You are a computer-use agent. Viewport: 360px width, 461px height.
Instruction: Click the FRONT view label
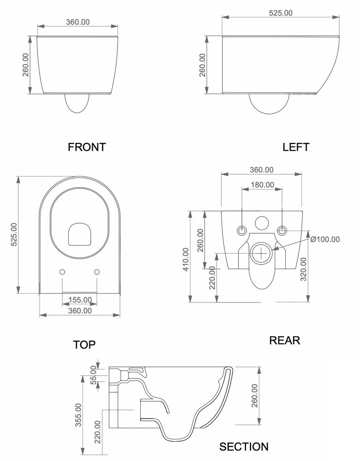[87, 147]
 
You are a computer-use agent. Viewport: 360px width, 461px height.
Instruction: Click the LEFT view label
[296, 147]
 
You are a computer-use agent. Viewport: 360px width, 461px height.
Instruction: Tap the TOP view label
[84, 344]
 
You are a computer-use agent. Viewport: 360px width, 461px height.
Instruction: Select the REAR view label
[284, 340]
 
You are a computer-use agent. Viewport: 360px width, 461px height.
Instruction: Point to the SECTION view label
[244, 446]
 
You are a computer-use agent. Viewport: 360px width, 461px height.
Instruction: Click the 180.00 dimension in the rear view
[262, 184]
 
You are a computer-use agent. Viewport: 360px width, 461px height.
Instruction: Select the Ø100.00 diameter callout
[325, 239]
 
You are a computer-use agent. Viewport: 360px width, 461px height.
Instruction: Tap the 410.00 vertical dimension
[186, 260]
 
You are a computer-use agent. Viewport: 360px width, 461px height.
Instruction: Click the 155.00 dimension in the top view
[80, 300]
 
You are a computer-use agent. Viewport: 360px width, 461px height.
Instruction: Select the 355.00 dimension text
[78, 415]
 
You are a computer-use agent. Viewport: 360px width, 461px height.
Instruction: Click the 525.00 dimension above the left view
[281, 13]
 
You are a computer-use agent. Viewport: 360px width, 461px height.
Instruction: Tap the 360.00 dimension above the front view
[78, 21]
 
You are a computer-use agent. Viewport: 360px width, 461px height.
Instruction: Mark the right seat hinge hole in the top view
[97, 272]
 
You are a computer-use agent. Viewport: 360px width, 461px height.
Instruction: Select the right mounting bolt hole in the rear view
[282, 230]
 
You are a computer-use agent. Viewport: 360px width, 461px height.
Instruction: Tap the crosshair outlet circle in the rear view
[262, 253]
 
